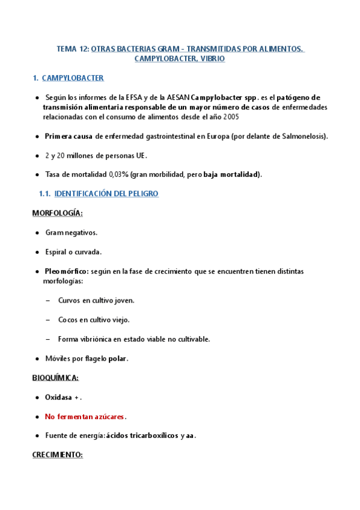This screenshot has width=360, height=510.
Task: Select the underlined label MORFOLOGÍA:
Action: (x=57, y=213)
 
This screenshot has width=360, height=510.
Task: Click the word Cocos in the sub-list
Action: (x=68, y=319)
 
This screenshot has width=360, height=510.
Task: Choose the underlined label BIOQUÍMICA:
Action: (x=55, y=378)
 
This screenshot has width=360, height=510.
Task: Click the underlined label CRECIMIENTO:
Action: (x=57, y=455)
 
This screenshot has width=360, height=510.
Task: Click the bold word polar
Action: (x=118, y=358)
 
